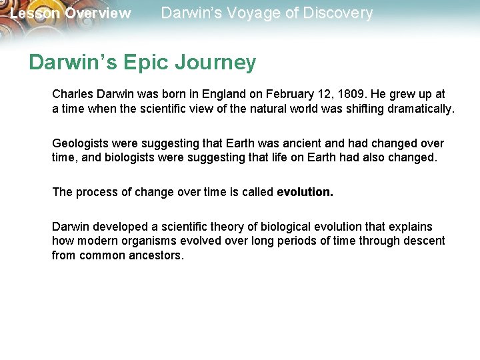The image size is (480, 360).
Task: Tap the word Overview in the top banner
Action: click(98, 13)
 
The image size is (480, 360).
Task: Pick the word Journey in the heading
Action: click(216, 62)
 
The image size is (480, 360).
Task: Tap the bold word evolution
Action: click(305, 192)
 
